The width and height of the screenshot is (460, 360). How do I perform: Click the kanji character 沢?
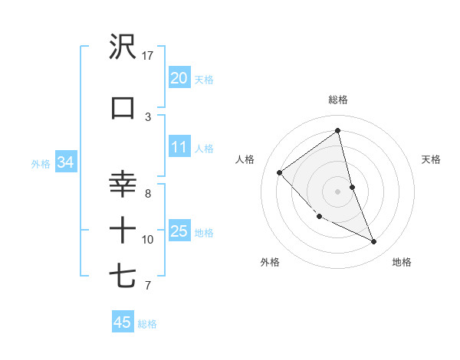point(123,47)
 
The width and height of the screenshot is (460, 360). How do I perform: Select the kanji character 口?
point(123,107)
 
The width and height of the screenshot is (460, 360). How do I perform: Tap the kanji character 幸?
point(123,185)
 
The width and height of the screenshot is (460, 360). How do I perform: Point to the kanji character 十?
point(123,230)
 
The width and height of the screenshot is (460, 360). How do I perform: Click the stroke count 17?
point(148,56)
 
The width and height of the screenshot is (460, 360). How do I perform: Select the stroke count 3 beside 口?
point(148,116)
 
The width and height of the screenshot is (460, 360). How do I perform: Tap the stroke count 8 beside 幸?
point(148,193)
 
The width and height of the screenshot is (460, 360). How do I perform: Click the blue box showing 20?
point(179,78)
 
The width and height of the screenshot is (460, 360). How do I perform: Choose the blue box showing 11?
point(179,147)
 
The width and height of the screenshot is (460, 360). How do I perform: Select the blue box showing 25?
point(179,231)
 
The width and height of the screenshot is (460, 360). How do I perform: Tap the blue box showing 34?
point(65,162)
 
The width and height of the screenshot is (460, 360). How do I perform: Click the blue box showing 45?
point(122,322)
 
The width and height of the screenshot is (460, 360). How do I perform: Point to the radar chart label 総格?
point(338,100)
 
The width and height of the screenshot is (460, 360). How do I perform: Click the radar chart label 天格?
point(432,159)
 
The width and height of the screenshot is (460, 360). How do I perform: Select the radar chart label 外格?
point(270,262)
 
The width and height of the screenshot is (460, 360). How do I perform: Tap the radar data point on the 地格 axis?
point(374,241)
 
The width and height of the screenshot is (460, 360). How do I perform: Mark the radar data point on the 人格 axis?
point(280,172)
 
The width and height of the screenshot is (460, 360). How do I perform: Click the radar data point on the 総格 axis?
point(338,129)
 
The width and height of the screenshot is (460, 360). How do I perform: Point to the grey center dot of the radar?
point(338,191)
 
